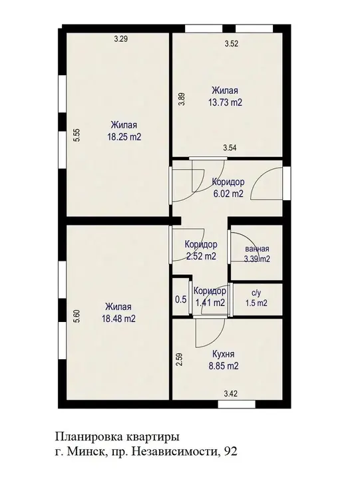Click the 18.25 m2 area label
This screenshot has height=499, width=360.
point(124,137)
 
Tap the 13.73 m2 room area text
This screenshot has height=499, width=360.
point(225,102)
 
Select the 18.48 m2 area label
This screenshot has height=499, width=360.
point(118,319)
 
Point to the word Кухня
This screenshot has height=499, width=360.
point(224,355)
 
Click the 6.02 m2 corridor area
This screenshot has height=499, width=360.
point(228,194)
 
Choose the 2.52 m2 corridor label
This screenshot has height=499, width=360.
point(201,256)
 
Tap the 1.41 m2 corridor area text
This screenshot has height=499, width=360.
point(210,303)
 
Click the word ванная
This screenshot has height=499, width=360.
point(257,249)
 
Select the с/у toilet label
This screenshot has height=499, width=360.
point(256,293)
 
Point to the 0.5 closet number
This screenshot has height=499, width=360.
point(181,300)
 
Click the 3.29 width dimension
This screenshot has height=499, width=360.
point(121,39)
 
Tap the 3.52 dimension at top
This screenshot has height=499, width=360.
point(232,44)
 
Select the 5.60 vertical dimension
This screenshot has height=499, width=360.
point(77,317)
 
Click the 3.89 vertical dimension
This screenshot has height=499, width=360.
point(181,99)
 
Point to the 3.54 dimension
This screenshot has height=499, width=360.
point(230,148)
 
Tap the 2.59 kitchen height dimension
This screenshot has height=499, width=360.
point(180,359)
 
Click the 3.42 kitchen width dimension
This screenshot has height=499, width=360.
point(231,394)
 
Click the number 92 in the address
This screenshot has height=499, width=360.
point(231,452)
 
